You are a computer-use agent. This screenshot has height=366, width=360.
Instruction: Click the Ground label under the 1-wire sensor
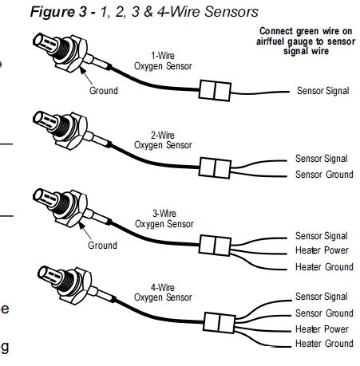tap(103, 91)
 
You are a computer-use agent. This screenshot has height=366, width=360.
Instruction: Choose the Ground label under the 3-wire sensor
tap(103, 245)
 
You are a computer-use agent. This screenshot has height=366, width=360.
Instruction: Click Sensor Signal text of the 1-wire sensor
tap(322, 92)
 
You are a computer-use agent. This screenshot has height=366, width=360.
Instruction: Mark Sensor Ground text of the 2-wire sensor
tap(322, 174)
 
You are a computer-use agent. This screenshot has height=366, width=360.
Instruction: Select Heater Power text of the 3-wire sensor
tap(321, 251)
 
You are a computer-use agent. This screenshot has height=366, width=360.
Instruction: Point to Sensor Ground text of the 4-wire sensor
tap(322, 313)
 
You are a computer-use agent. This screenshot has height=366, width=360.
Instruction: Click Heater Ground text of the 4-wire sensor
tap(322, 344)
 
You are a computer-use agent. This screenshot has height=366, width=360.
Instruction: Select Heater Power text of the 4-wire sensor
tap(321, 329)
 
